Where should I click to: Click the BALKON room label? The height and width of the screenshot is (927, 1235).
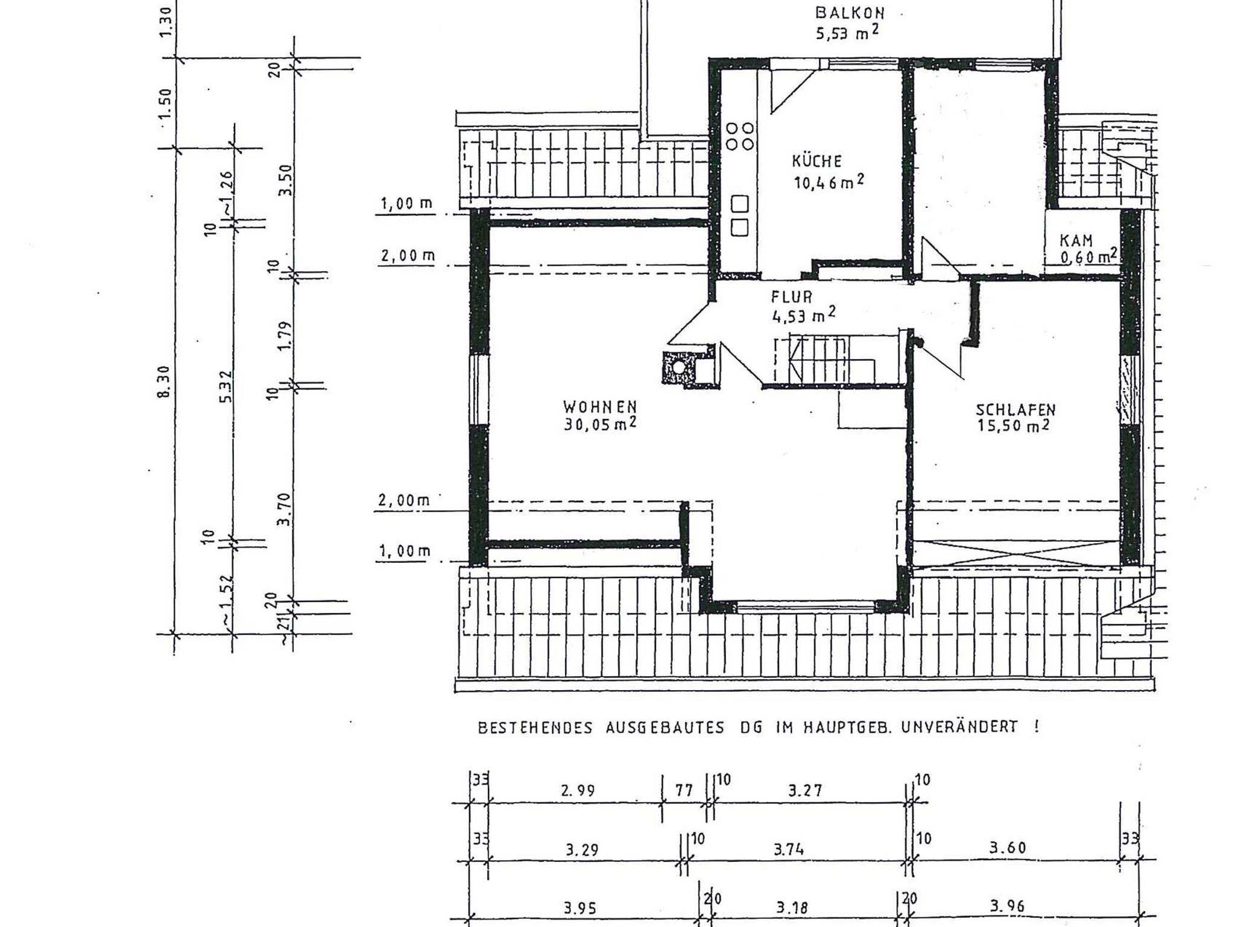click(x=850, y=13)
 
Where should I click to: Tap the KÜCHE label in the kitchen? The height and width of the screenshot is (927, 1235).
click(x=816, y=162)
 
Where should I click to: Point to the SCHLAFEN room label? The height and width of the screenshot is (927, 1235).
click(x=1016, y=410)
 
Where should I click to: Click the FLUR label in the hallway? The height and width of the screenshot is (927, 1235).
click(x=792, y=297)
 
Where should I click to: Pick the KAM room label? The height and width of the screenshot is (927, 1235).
click(x=1076, y=241)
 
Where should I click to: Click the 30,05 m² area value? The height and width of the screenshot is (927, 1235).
click(x=600, y=424)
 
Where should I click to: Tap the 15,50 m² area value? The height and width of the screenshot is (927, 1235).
click(x=1013, y=426)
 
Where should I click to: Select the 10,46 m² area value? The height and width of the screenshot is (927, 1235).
click(x=829, y=181)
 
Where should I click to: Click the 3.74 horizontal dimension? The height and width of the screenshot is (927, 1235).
click(x=789, y=850)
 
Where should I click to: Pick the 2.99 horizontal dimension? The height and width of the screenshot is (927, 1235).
click(x=578, y=790)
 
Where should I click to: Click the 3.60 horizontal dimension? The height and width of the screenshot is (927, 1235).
click(x=1008, y=848)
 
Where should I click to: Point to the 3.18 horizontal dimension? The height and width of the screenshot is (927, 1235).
click(x=792, y=908)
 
